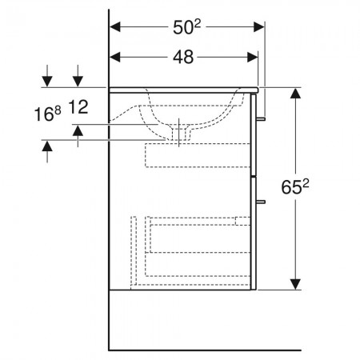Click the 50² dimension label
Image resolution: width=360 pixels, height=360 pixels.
[x=186, y=27]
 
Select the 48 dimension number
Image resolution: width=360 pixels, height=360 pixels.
[x=183, y=57]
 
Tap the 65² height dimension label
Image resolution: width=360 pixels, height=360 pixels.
[x=295, y=186]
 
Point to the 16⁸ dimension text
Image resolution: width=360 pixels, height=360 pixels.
[x=48, y=114]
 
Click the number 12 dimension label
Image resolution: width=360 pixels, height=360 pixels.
[x=78, y=107]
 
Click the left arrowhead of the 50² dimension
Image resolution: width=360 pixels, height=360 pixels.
[x=115, y=27]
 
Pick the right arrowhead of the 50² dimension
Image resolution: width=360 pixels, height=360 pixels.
[x=258, y=27]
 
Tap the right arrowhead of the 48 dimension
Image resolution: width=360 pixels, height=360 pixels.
[x=253, y=57]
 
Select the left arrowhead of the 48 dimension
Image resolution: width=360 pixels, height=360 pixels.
[x=115, y=57]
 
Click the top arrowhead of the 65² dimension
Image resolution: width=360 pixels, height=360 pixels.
[x=295, y=93]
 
